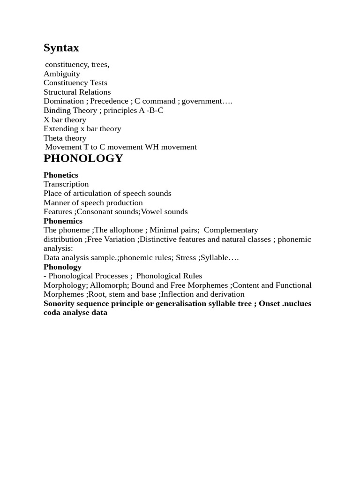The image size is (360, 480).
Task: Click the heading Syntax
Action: tap(61, 48)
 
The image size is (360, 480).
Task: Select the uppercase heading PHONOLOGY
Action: tap(83, 158)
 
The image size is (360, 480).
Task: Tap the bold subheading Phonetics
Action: tap(61, 175)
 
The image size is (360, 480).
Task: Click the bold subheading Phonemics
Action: tap(63, 221)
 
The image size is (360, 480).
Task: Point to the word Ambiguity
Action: tap(62, 74)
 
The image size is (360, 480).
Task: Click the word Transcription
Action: tap(66, 184)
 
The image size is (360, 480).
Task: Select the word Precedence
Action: tap(109, 101)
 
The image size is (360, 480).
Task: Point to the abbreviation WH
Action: tap(152, 147)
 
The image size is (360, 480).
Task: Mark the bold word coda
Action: tap(52, 313)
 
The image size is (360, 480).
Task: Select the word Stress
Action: tap(186, 257)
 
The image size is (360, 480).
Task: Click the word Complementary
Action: tap(231, 230)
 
